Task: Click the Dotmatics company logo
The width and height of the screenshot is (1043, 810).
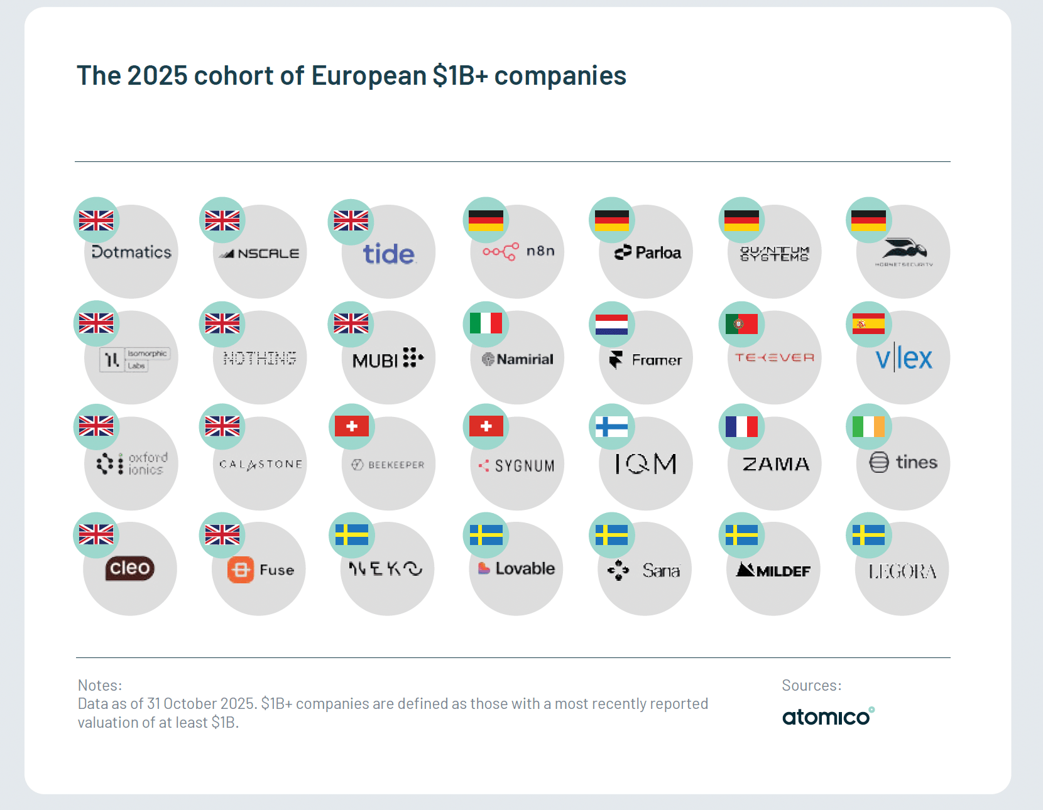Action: click(131, 252)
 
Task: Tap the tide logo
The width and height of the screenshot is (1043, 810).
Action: click(389, 254)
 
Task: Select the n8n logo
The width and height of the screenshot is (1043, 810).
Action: click(518, 251)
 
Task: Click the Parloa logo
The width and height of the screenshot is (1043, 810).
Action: click(648, 252)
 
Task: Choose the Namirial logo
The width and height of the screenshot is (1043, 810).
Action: click(518, 359)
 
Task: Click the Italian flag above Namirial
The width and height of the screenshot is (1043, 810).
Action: click(486, 323)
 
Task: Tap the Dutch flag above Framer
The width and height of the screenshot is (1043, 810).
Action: click(611, 324)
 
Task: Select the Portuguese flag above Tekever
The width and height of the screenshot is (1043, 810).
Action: click(741, 324)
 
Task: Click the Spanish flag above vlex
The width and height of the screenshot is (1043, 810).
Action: click(868, 324)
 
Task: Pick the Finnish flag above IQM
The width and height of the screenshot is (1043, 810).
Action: click(611, 427)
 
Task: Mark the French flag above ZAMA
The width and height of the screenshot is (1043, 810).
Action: click(741, 427)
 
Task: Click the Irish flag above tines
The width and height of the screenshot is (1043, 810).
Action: click(868, 427)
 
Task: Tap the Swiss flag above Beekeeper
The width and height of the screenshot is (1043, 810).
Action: click(352, 427)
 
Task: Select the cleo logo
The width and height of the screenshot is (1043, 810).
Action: click(129, 568)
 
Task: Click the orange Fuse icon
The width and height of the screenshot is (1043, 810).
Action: click(241, 570)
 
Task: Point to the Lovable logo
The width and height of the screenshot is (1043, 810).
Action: click(516, 568)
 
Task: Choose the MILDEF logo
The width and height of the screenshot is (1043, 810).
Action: click(773, 570)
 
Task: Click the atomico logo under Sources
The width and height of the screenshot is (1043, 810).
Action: click(827, 716)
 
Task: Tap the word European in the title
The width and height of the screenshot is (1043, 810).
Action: click(369, 76)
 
